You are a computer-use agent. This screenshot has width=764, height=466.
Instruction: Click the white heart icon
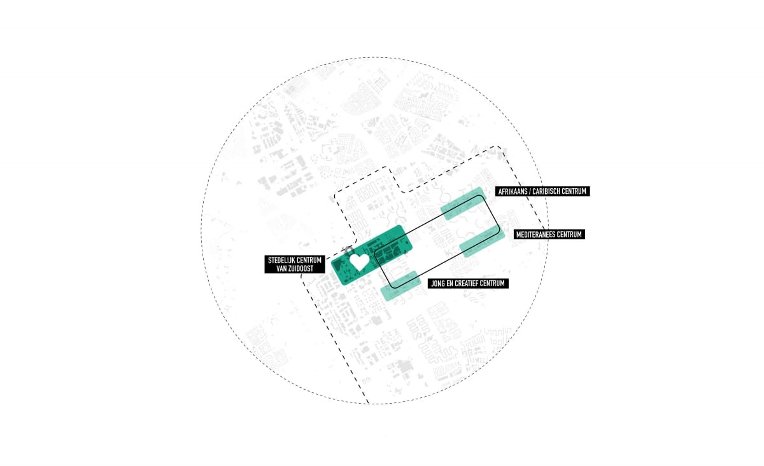tap(360, 262)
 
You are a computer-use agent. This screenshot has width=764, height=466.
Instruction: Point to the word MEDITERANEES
tap(535, 235)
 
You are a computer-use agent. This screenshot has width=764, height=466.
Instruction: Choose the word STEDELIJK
tap(281, 260)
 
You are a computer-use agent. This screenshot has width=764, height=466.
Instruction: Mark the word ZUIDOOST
tap(301, 269)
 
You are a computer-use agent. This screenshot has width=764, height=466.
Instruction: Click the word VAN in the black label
tap(281, 269)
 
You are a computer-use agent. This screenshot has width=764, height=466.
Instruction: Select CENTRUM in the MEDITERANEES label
tap(569, 235)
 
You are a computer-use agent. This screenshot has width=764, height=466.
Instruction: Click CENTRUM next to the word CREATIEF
tap(493, 284)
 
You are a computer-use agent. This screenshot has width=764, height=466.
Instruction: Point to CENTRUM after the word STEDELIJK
tap(309, 260)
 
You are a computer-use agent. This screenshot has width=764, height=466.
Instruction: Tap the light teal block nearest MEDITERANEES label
tap(482, 241)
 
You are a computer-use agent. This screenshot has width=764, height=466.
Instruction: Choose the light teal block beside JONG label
tap(400, 286)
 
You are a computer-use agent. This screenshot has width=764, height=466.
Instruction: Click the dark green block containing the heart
tap(372, 255)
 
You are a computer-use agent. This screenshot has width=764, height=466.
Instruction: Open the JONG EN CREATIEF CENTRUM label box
tap(468, 284)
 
